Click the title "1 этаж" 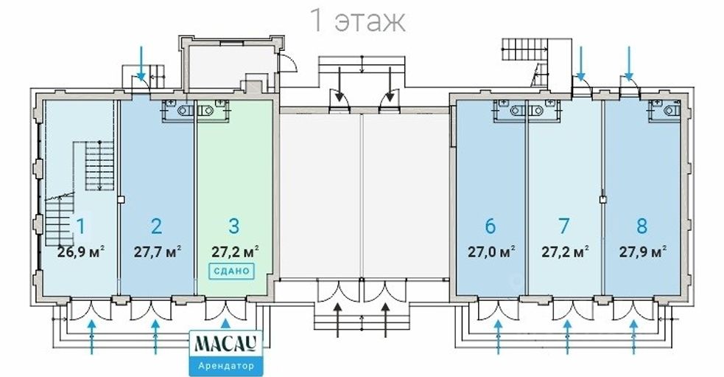point(359,21)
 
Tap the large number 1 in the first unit point(81,226)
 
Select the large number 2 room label point(157,226)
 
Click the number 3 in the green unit point(234,226)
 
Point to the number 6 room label point(491,226)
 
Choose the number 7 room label point(563,226)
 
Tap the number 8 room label point(642,226)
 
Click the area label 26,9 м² point(81,252)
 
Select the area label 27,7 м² point(158,252)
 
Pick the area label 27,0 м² point(491,252)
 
